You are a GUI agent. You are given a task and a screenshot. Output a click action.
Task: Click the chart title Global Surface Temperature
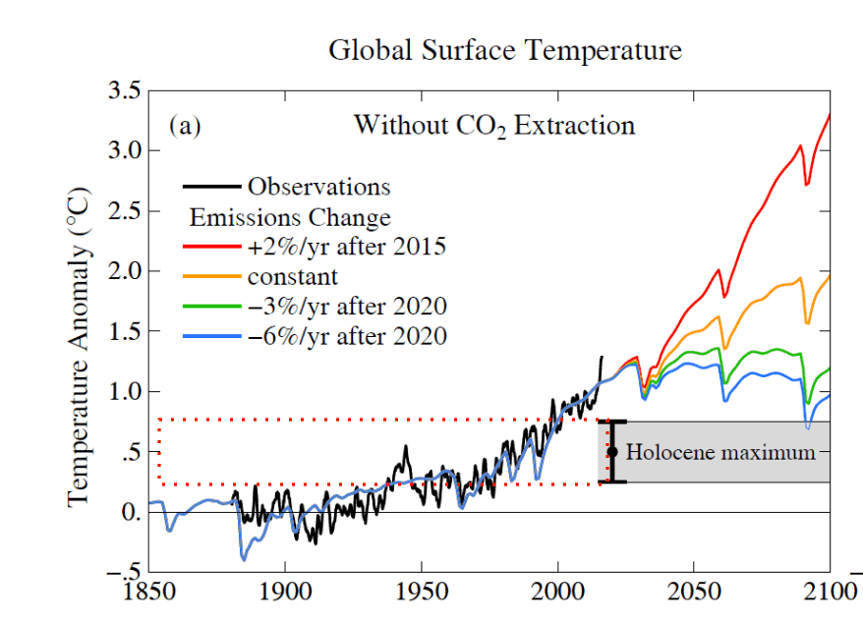coord(504,50)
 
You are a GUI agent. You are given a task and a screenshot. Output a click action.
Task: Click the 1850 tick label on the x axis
coord(148,596)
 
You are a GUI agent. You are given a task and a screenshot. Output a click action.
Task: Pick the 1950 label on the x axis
coord(421,596)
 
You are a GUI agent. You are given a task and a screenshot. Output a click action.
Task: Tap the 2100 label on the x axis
coord(830,596)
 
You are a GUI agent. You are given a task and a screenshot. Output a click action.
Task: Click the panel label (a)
coord(185,126)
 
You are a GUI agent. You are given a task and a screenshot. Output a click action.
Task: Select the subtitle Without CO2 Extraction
coord(494,127)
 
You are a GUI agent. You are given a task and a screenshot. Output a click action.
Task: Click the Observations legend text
coord(318,187)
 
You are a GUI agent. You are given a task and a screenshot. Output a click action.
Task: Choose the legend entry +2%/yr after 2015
coord(347,247)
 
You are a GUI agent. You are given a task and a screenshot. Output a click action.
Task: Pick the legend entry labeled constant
coord(293,276)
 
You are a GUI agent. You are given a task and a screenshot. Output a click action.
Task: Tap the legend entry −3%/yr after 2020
coord(347,307)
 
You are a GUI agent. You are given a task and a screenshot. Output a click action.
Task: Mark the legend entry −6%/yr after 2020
coord(347,337)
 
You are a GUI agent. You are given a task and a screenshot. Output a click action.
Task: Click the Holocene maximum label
coord(720,453)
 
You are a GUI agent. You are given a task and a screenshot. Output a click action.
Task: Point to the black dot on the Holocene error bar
coord(612,452)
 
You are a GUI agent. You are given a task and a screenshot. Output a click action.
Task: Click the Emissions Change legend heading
coord(290,217)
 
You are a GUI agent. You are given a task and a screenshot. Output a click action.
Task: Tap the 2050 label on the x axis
coord(694,596)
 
